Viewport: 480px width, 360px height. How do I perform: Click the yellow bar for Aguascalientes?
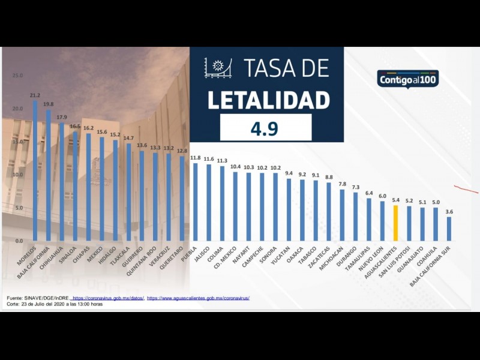coord(395,223)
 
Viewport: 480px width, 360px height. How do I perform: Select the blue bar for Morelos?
coord(35,170)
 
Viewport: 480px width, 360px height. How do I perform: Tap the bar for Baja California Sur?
coord(449,229)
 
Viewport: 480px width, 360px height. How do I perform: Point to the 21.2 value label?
coord(35,95)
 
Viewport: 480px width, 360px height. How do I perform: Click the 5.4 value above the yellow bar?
coord(395,200)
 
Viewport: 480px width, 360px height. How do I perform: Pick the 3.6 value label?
coord(449,212)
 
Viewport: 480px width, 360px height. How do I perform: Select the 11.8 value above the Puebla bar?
coord(195,158)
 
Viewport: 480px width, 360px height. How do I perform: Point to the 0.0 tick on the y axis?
coord(18,241)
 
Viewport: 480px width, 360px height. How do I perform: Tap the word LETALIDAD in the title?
coord(268,100)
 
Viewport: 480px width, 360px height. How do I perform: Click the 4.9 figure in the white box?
coord(266,128)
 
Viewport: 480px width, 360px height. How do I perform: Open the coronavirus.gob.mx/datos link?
coord(107,298)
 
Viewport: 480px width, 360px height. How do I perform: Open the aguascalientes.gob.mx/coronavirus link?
coord(198,298)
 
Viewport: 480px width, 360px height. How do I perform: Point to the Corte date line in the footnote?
coord(55,304)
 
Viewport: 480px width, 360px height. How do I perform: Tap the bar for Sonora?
coord(275,206)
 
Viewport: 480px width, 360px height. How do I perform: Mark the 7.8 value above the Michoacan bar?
coord(342,184)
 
